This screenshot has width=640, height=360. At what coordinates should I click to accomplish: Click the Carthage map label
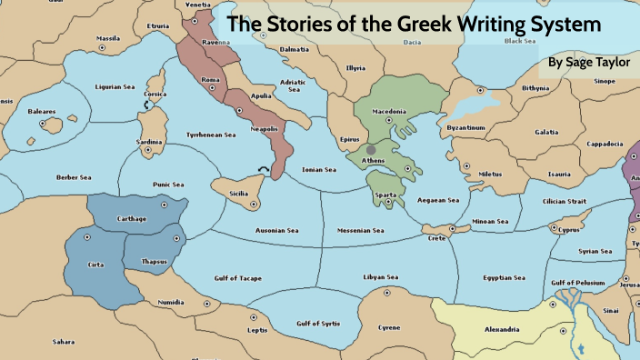pos(132,219)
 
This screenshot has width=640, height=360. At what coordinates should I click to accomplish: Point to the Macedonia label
pos(389,112)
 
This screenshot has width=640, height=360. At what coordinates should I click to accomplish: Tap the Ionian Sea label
pos(319,170)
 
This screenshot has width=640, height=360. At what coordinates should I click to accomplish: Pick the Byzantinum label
pos(466,128)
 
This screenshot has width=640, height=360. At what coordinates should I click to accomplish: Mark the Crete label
pos(437,238)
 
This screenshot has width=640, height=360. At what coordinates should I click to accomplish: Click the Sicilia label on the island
pos(237,194)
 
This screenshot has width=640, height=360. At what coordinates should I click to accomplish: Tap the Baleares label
pos(42,113)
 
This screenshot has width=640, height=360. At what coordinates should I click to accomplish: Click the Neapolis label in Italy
pos(264,130)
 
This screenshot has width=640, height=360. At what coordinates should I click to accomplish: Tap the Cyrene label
pos(389,326)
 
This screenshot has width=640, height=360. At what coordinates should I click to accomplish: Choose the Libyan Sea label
pos(381,277)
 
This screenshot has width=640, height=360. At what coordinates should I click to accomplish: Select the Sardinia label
pos(149,142)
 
